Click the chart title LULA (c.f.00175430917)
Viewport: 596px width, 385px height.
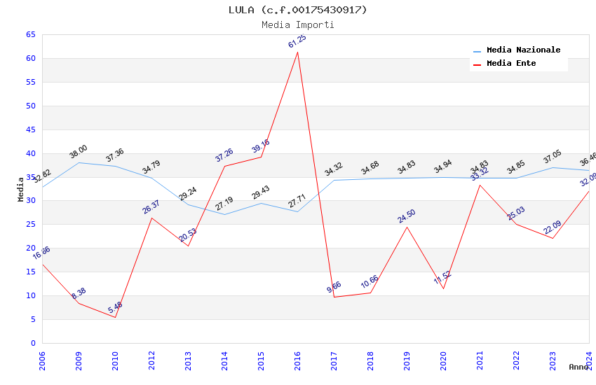coord(297,10)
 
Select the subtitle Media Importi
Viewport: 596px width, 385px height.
coord(297,24)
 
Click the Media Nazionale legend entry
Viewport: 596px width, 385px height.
coord(522,50)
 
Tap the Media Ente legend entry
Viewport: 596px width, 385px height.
coord(510,64)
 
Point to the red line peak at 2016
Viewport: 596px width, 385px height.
coord(297,52)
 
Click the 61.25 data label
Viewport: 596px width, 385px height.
coord(297,42)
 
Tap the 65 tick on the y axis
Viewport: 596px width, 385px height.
coord(30,34)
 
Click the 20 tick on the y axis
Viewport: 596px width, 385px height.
coord(30,248)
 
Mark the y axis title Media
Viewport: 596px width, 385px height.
coord(20,189)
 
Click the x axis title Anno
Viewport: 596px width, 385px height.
coord(578,367)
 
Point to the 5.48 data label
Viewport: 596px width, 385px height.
coord(115,307)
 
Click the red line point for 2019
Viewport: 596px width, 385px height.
coord(407,227)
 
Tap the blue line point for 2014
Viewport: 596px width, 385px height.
coord(224,214)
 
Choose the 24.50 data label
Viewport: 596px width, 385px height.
coord(407,216)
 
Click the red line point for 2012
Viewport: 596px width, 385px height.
coord(151,218)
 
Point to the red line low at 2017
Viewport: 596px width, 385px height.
coord(334,297)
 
